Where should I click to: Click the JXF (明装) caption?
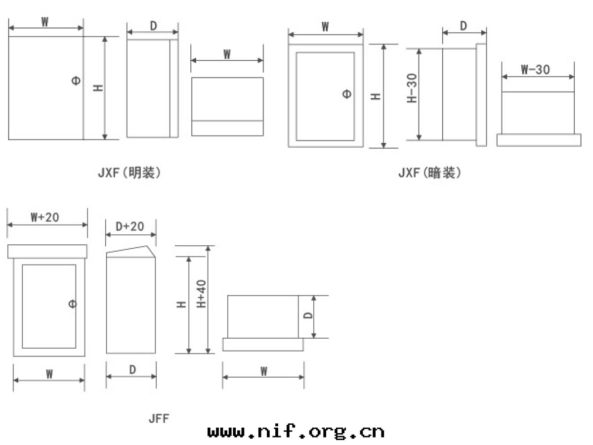tap(129, 173)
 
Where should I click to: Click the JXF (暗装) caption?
tap(429, 173)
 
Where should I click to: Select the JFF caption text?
tap(159, 418)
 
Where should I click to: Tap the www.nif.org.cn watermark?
tap(296, 431)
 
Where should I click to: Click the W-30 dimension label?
tap(535, 69)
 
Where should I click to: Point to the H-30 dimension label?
tap(412, 88)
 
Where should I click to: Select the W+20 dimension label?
tap(45, 217)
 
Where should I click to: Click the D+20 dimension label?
tap(129, 226)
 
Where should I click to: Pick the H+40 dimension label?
tap(201, 294)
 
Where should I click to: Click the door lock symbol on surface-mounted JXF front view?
tap(76, 81)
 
